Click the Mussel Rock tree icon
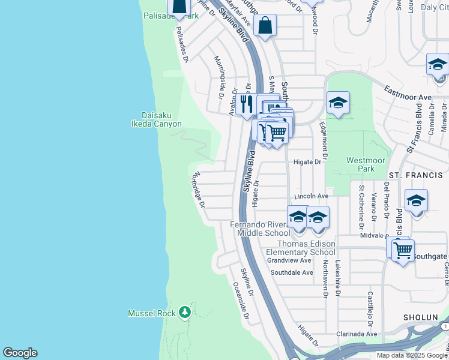coord(185,313)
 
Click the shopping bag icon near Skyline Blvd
coord(265,26)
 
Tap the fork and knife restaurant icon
coord(246,104)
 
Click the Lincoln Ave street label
coord(311,196)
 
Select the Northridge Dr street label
coord(198,189)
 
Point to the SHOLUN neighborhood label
coord(420,317)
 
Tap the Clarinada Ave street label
coord(356,334)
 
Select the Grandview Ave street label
coord(289,260)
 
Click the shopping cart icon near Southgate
coord(402,249)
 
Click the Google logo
coord(20,353)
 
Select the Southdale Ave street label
coord(292,272)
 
